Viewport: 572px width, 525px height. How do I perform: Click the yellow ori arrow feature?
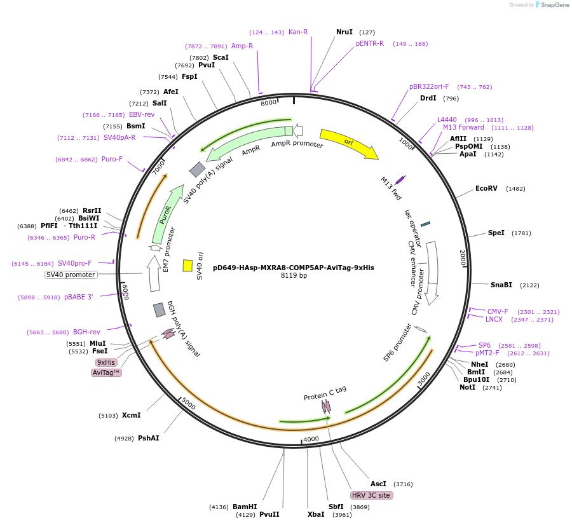(x=348, y=144)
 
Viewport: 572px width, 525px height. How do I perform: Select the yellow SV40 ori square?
(x=187, y=265)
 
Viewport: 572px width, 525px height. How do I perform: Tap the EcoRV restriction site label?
(x=486, y=189)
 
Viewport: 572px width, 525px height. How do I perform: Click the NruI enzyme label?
(x=344, y=32)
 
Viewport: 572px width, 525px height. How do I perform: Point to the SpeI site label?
(x=496, y=233)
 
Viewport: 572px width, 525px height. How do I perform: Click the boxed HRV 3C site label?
(x=371, y=495)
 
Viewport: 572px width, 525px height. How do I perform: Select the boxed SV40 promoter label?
(x=71, y=275)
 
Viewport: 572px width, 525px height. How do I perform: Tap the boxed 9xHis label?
(x=106, y=362)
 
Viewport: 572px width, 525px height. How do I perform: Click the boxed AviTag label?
(x=106, y=372)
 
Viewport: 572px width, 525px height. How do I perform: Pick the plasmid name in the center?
(x=293, y=268)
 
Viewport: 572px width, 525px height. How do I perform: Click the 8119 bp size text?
(x=294, y=276)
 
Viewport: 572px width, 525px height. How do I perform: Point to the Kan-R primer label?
(x=298, y=32)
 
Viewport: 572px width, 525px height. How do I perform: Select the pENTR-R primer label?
(x=370, y=43)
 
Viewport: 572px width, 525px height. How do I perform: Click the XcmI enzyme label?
(x=131, y=415)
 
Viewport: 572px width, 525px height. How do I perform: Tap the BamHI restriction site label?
(x=245, y=507)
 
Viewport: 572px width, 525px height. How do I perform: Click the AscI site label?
(x=378, y=484)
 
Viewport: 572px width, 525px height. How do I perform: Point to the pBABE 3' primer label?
(x=78, y=297)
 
